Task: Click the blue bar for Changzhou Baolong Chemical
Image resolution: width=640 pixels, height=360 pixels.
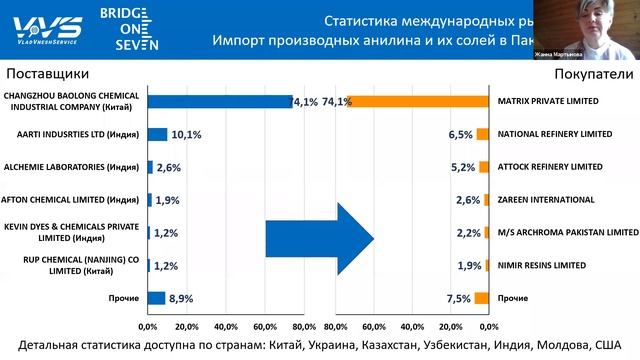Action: (220, 101)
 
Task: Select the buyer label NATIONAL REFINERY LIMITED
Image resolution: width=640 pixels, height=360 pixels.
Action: (554, 134)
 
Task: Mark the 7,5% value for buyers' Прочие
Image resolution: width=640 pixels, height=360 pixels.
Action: (459, 298)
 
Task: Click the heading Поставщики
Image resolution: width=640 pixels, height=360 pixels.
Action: (47, 74)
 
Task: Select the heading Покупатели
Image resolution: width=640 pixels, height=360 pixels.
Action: (594, 74)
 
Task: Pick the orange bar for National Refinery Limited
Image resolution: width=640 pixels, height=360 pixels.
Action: (482, 134)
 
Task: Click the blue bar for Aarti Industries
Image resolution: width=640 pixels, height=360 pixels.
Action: (157, 134)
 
